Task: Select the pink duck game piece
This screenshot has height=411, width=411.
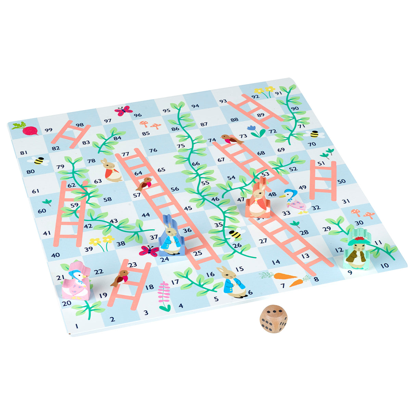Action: [x=76, y=281]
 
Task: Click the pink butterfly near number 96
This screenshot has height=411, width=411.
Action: [x=123, y=111]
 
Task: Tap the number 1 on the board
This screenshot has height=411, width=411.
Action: [x=77, y=326]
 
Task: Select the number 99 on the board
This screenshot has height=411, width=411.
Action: [x=48, y=130]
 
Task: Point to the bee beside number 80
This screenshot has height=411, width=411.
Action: [x=38, y=160]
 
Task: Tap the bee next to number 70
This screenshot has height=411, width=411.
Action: [x=315, y=134]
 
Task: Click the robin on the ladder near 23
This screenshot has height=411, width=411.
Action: [x=120, y=277]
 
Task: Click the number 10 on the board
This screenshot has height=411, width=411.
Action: [x=384, y=265]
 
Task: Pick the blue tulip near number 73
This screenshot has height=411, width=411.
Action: [x=255, y=131]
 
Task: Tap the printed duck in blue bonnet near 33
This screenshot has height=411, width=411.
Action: [x=295, y=202]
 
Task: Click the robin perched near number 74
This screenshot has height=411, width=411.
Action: [x=231, y=139]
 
